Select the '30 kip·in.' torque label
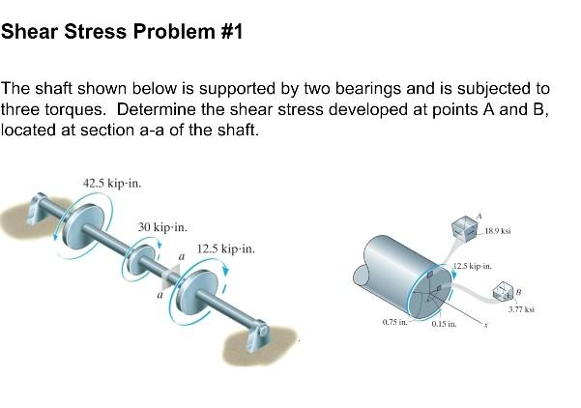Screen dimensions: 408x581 pos(162,226)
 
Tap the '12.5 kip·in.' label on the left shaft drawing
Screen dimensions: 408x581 pos(225,248)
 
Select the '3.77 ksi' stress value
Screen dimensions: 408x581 pos(521,310)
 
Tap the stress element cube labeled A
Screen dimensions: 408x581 pos(466,228)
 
